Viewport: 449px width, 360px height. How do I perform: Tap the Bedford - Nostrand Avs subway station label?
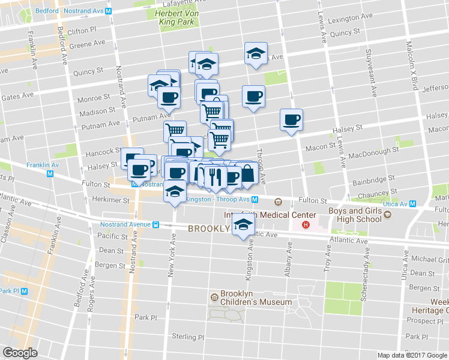tap(73, 11)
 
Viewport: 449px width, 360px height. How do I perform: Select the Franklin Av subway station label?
tap(42, 164)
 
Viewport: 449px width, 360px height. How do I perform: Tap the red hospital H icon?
tap(306, 226)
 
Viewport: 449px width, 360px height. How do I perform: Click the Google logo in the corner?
tap(20, 353)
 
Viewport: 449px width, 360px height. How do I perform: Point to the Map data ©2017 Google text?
tap(412, 355)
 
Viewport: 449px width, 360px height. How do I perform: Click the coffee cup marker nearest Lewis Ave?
tap(292, 119)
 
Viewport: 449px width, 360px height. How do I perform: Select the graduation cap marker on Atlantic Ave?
tap(243, 226)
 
